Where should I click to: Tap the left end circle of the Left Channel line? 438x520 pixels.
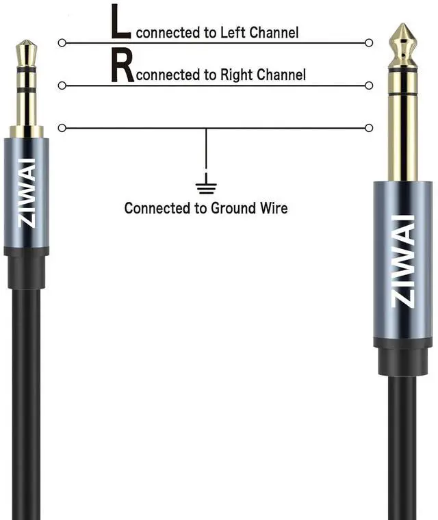tap(62, 42)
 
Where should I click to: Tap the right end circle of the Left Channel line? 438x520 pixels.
tap(370, 42)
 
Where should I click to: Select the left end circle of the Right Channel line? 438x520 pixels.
tap(62, 85)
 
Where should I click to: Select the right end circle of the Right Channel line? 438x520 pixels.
tap(370, 85)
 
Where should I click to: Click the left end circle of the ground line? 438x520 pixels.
tap(62, 128)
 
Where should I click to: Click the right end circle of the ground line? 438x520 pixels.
tap(370, 128)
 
